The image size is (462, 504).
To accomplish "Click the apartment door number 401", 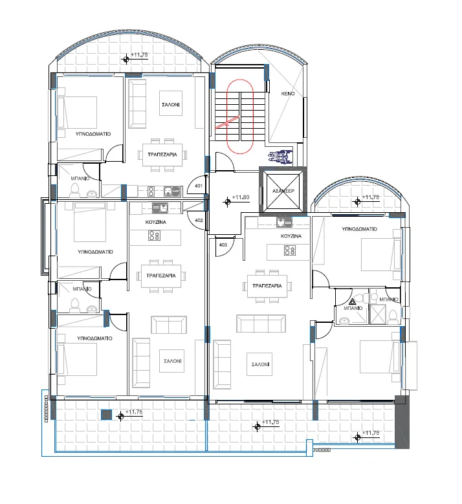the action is coord(199,186).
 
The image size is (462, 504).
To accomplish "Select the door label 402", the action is coord(199,220).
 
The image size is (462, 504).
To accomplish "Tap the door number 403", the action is coord(223,245).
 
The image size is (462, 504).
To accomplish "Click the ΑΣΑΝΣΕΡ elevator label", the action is coord(283,191).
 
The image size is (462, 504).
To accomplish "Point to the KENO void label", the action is coord(288,94).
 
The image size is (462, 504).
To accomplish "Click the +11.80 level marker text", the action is coord(241,197).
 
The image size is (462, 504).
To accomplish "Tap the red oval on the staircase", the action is coord(240,116).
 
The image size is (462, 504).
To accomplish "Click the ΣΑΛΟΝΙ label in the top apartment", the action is coord(171,105).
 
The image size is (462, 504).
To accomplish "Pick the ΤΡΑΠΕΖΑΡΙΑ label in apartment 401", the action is coord(162,154).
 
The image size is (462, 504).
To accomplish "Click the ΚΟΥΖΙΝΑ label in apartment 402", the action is coord(155,222).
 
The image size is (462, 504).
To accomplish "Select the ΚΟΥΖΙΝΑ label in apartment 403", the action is coord(291,236).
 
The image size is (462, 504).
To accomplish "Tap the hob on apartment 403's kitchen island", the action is coord(290,250).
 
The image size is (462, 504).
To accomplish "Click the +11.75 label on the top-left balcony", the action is coord(139,55).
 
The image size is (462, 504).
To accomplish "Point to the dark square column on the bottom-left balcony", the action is coord(106,414).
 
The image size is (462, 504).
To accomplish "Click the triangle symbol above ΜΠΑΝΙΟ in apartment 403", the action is coord(353,301).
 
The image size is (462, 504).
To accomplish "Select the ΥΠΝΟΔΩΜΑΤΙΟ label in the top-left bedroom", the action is coord(93,134).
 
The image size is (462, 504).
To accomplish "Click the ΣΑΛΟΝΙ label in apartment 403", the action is coord(260,364).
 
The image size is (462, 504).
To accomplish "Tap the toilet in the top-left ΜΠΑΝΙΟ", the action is coord(74,190).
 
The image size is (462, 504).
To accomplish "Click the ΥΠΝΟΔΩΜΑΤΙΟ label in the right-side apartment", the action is coord(359,229).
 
